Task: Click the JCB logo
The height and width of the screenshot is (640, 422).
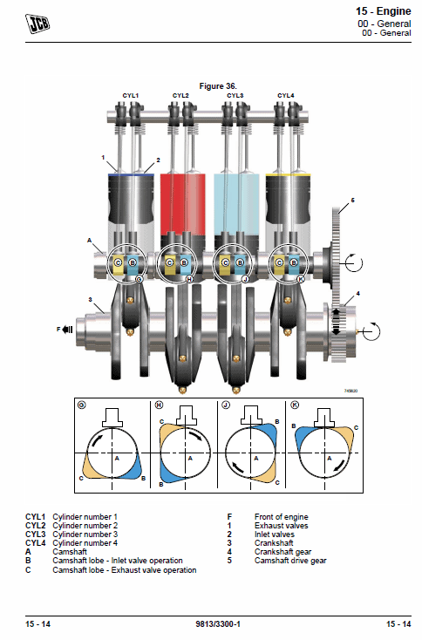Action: [x=37, y=23]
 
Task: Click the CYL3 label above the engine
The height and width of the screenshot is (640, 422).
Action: [x=235, y=96]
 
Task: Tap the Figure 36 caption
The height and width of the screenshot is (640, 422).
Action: [x=218, y=86]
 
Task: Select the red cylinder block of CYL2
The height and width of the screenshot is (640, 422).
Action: [x=182, y=205]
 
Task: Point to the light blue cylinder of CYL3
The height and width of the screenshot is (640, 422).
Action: [x=236, y=205]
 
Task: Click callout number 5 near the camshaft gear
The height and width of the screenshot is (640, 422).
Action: [x=352, y=200]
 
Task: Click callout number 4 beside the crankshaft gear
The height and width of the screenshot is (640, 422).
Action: [x=358, y=294]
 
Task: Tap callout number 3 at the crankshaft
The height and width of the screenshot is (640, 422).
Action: [x=90, y=300]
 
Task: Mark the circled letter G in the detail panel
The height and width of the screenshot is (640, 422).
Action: [x=82, y=405]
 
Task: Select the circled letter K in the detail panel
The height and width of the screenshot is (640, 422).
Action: [x=295, y=405]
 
